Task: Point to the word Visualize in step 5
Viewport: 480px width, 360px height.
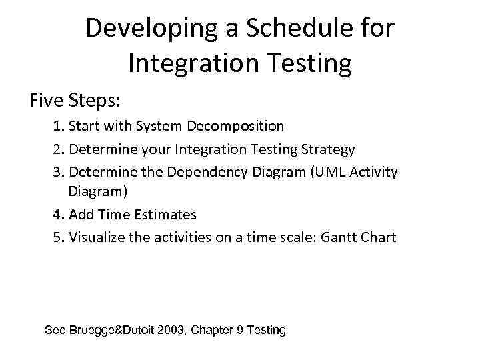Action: click(x=97, y=237)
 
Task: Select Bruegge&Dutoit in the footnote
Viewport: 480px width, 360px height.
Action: click(x=113, y=330)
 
